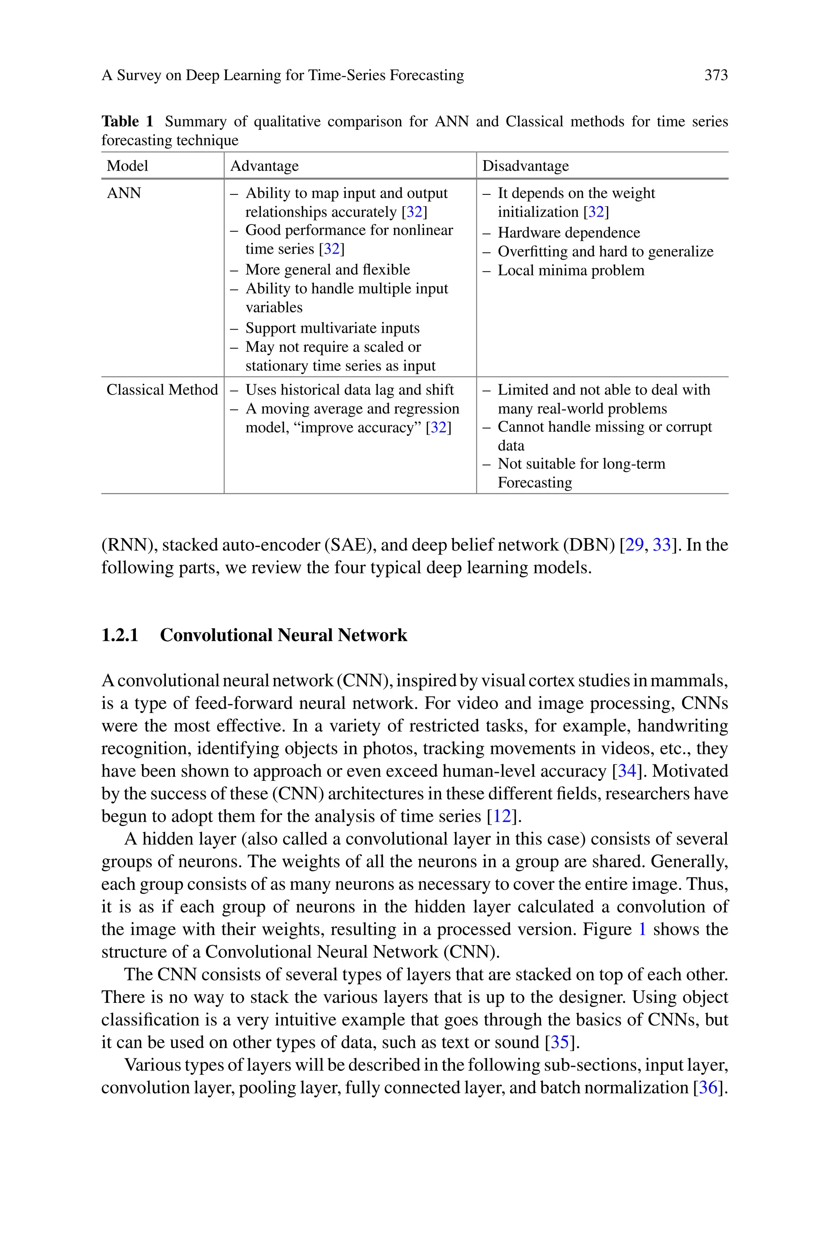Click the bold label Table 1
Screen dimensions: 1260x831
pyautogui.click(x=127, y=121)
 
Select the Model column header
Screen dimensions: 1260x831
pyautogui.click(x=127, y=166)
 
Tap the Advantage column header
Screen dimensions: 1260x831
pyautogui.click(x=265, y=166)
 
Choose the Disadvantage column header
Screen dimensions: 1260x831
pyautogui.click(x=525, y=166)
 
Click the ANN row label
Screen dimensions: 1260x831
pyautogui.click(x=124, y=193)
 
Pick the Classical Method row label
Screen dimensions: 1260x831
pyautogui.click(x=162, y=390)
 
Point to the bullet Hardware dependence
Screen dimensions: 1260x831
pyautogui.click(x=568, y=233)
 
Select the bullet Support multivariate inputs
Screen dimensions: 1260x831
pyautogui.click(x=332, y=328)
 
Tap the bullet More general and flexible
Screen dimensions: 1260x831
pyautogui.click(x=327, y=270)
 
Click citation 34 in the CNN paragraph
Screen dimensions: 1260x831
pyautogui.click(x=627, y=771)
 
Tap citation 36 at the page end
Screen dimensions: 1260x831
pyautogui.click(x=708, y=1088)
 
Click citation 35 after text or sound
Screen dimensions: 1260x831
pyautogui.click(x=560, y=1042)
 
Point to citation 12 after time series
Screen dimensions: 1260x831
pyautogui.click(x=502, y=816)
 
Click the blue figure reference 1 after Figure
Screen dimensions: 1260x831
pyautogui.click(x=642, y=929)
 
